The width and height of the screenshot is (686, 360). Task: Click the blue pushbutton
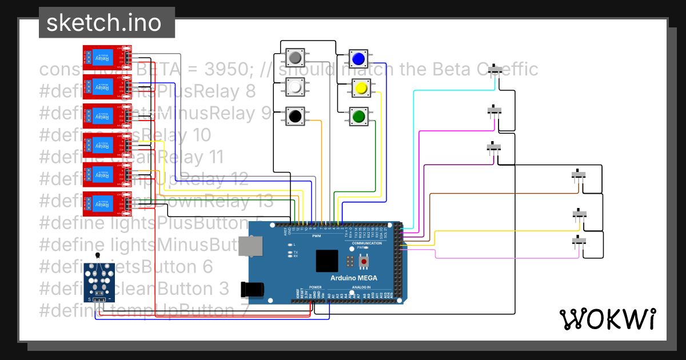pos(358,59)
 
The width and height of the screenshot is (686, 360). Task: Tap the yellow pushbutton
pos(360,89)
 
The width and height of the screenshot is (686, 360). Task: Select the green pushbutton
pos(359,117)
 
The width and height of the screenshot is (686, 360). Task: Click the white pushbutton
pos(295,87)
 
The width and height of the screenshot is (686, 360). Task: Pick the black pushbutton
pos(295,117)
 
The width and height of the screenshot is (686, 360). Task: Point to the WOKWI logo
pos(607,319)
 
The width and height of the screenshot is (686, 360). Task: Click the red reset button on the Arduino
pos(364,262)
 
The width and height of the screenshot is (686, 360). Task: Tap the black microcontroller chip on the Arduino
pos(327,261)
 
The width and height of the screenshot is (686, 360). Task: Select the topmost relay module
pos(107,55)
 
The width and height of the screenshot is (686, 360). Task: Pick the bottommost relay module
pos(107,203)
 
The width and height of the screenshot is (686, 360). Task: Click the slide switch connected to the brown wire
pos(580,175)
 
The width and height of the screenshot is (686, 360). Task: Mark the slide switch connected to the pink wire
pos(580,242)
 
